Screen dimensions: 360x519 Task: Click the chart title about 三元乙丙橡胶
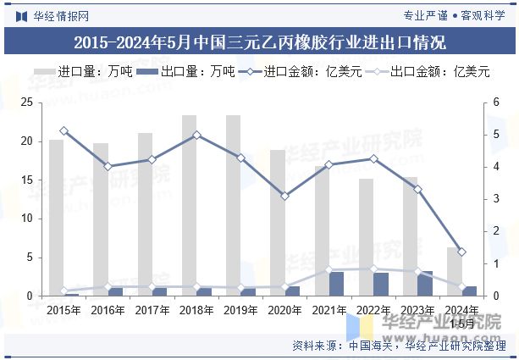259,42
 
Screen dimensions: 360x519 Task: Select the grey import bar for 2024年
454,272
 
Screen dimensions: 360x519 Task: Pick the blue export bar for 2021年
336,284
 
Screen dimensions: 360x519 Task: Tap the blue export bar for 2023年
425,284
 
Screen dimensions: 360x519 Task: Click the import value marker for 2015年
63,130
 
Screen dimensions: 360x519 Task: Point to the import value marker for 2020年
285,196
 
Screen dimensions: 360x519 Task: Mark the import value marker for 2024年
461,252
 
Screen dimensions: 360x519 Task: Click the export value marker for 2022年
373,269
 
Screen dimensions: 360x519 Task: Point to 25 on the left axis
26,102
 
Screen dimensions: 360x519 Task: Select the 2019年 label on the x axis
240,310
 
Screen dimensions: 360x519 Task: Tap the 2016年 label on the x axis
108,310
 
